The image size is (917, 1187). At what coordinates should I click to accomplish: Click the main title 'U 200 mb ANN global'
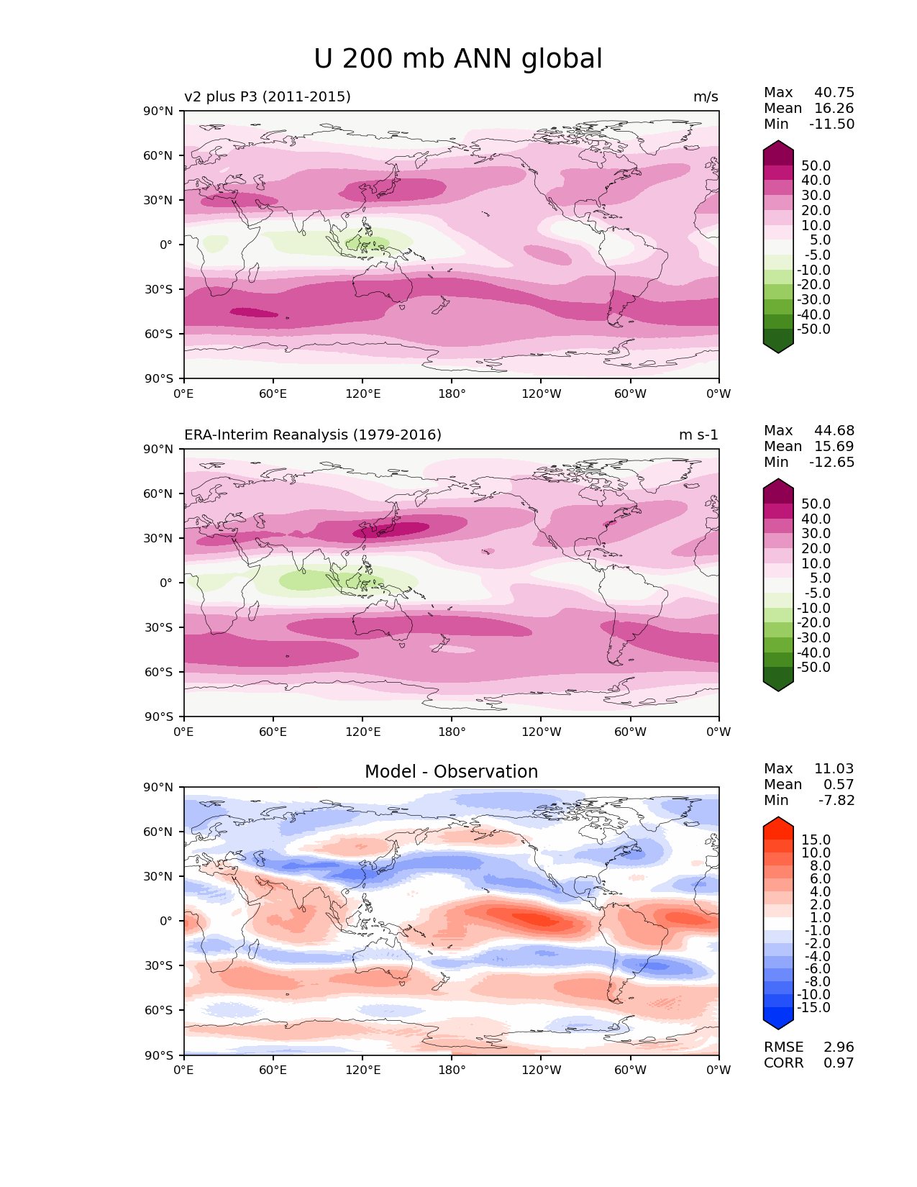[458, 59]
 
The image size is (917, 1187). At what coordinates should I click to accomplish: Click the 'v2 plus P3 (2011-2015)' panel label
[268, 96]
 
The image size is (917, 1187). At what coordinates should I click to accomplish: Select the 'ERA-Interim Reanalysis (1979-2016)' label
[313, 435]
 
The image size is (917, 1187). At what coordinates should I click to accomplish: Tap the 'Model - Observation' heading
[451, 772]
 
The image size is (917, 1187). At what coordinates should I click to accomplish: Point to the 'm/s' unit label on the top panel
[706, 96]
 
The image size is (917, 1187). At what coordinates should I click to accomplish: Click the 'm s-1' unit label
[698, 435]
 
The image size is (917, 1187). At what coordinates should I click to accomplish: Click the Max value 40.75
[834, 92]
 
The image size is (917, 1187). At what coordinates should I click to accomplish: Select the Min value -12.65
[831, 462]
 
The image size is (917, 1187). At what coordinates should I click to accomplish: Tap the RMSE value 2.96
[839, 1047]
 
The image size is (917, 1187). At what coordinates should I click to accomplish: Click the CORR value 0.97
[839, 1063]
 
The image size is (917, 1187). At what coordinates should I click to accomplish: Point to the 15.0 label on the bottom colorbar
[816, 840]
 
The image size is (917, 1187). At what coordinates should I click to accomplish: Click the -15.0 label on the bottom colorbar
[813, 1007]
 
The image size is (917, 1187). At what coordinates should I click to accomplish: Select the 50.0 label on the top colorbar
[816, 165]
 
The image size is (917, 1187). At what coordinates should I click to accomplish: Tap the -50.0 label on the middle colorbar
[813, 667]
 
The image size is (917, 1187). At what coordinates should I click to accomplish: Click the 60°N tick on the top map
[161, 155]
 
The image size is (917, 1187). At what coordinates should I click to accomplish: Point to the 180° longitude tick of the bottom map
[452, 1070]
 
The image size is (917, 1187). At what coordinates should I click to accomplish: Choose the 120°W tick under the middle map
[541, 732]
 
